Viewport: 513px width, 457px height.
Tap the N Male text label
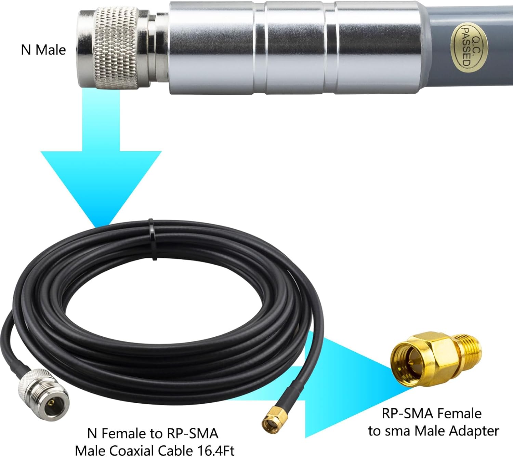tap(43, 50)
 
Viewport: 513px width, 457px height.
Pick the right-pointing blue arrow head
tap(356, 383)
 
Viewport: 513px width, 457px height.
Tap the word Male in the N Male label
tap(51, 50)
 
